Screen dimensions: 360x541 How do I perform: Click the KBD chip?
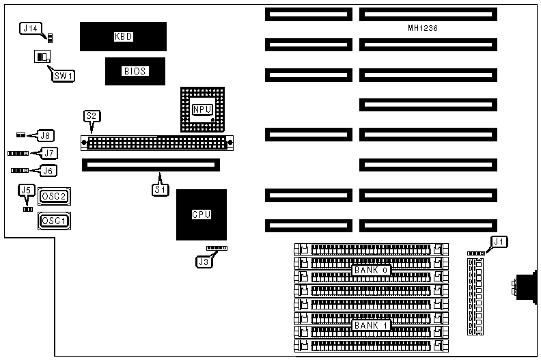[x=123, y=36]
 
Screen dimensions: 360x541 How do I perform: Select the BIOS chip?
[x=135, y=70]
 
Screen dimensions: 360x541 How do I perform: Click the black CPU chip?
[x=201, y=214]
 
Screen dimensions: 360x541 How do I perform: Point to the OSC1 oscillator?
[x=55, y=221]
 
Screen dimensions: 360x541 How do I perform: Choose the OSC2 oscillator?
[x=55, y=197]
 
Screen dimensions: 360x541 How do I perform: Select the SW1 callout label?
[x=63, y=75]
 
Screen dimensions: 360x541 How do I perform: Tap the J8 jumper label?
[x=46, y=135]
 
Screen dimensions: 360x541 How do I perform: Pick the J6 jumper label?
[x=49, y=171]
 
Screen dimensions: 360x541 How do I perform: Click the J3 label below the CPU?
[x=203, y=260]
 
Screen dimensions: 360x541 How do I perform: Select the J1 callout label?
[x=499, y=241]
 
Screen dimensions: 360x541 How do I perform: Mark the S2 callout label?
[x=91, y=116]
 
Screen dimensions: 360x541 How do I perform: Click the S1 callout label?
[x=159, y=189]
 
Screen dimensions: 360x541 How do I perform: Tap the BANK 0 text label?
[x=371, y=271]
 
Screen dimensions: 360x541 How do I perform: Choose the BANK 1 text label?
[x=372, y=325]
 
